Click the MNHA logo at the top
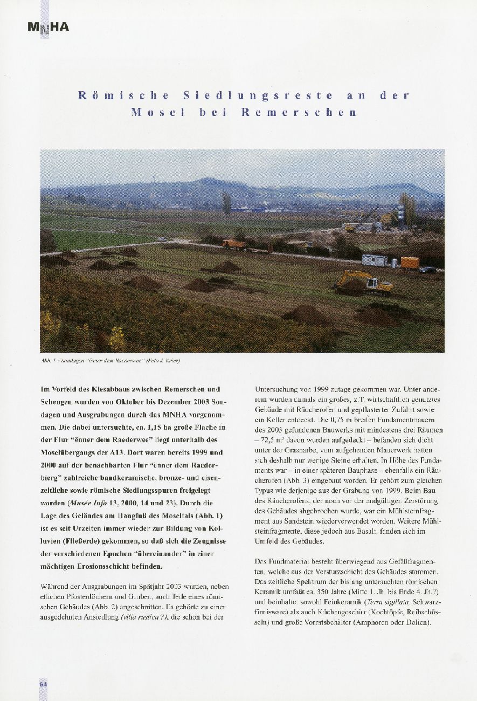click(x=48, y=26)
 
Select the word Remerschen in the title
click(x=299, y=113)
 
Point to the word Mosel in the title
click(x=158, y=113)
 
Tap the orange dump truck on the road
click(x=234, y=244)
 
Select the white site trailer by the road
click(x=374, y=260)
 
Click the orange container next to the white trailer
click(x=410, y=263)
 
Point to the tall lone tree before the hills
click(x=226, y=203)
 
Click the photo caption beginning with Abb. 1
click(x=110, y=360)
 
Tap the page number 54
click(x=43, y=684)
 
